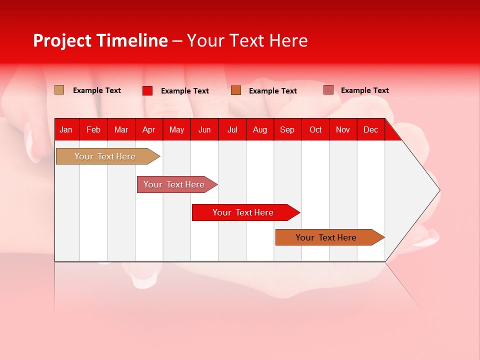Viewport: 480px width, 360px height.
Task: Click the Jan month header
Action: [66, 129]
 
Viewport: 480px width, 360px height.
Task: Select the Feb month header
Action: [93, 129]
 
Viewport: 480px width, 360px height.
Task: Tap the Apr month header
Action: [148, 129]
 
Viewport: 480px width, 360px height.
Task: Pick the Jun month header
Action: [204, 129]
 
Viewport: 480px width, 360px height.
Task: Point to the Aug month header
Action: [259, 129]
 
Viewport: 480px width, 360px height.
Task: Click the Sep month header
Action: [287, 129]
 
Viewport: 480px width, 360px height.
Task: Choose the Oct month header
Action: [315, 129]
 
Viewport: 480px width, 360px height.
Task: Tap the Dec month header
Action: [370, 129]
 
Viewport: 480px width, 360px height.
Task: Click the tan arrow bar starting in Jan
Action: [105, 156]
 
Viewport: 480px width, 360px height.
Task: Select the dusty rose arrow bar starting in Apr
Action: [174, 184]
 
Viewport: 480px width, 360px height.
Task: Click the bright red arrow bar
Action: [243, 212]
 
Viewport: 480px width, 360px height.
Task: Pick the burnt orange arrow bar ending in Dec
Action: [326, 237]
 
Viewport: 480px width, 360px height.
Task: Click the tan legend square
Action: [59, 90]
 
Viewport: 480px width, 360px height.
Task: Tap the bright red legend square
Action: [147, 90]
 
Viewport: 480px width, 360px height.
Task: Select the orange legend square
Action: [236, 90]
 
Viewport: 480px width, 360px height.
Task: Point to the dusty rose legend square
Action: [328, 90]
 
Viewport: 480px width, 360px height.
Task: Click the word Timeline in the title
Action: [132, 40]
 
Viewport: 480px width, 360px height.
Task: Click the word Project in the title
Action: [63, 40]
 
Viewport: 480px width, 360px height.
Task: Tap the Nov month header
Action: [343, 129]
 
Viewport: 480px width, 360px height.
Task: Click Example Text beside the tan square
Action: [97, 90]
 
